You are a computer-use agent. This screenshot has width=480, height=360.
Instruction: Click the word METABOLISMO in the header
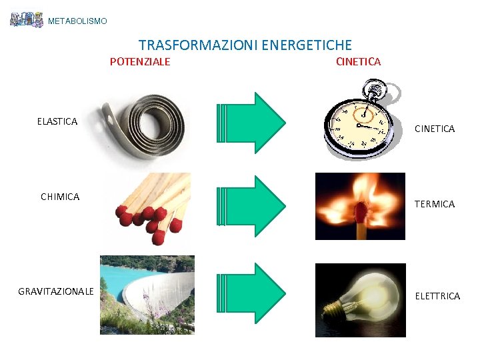77,21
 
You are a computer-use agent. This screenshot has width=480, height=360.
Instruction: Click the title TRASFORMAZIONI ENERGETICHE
245,45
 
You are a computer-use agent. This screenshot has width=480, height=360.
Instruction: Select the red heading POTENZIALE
140,62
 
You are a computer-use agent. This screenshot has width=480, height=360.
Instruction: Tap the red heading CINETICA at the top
359,62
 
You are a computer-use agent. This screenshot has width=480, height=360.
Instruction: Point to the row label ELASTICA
57,121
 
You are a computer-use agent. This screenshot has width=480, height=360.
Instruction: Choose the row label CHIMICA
60,197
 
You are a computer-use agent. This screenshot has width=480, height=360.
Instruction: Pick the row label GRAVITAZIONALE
56,291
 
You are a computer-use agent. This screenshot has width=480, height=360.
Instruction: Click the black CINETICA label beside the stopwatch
435,129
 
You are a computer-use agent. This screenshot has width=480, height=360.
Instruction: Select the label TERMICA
435,204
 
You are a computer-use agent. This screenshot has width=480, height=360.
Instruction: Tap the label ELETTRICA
437,296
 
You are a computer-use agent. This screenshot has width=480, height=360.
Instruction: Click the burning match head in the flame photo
361,213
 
